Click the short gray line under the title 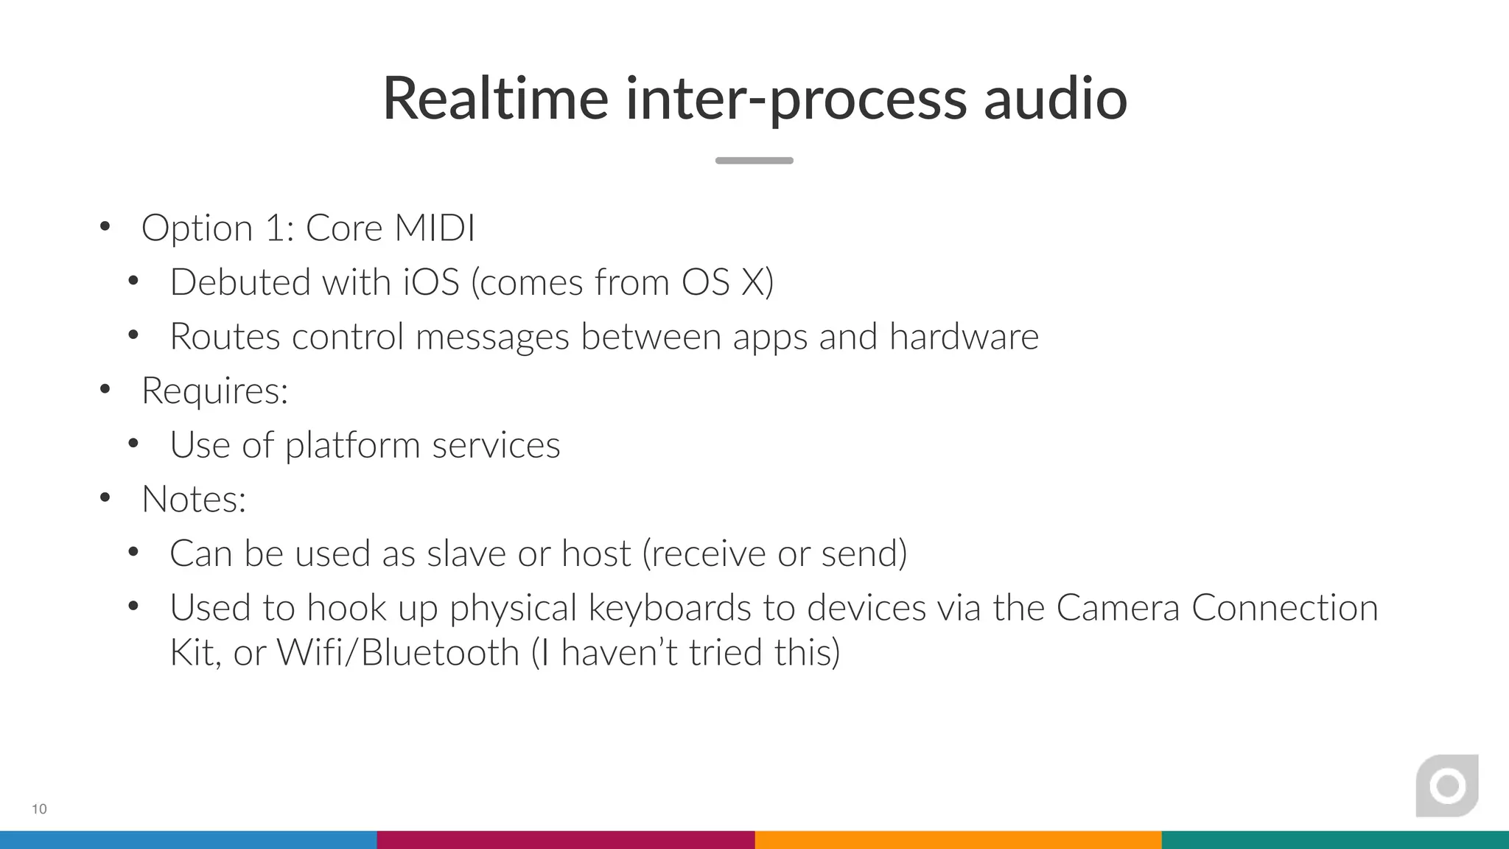[754, 161]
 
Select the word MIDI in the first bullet [434, 228]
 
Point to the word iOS [431, 282]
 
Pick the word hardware [964, 337]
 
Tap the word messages [492, 337]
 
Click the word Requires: [214, 391]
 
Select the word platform [353, 446]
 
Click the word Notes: [194, 500]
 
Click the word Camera [1118, 608]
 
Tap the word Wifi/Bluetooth [398, 652]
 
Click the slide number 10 [39, 809]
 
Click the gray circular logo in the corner [1447, 786]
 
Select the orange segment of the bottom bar [958, 840]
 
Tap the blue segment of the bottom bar [188, 840]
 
